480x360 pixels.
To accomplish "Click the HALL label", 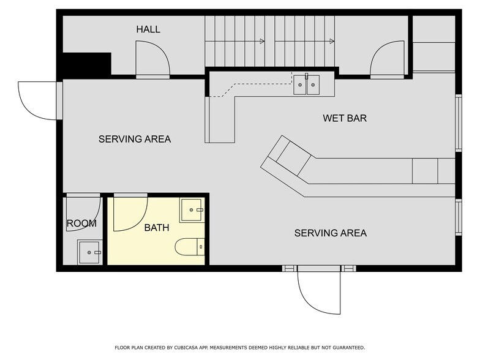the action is click(148, 29).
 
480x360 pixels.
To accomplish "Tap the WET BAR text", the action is click(345, 118).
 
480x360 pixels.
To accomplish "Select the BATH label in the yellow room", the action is click(157, 228).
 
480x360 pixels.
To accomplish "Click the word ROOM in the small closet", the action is click(81, 223).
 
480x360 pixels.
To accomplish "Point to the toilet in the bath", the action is click(190, 247).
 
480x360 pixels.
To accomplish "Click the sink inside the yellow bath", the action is click(192, 210).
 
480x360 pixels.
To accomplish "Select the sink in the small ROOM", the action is click(89, 252).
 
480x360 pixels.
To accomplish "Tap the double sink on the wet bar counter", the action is click(306, 84).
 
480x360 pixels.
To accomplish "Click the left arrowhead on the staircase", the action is click(262, 42).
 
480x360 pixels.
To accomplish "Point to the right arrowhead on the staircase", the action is click(332, 42).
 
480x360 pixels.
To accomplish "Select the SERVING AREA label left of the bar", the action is click(135, 140).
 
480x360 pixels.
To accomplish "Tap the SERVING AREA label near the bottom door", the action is click(331, 233).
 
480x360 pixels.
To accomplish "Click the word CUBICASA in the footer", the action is click(186, 348).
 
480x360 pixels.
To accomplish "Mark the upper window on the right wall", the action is click(458, 123).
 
